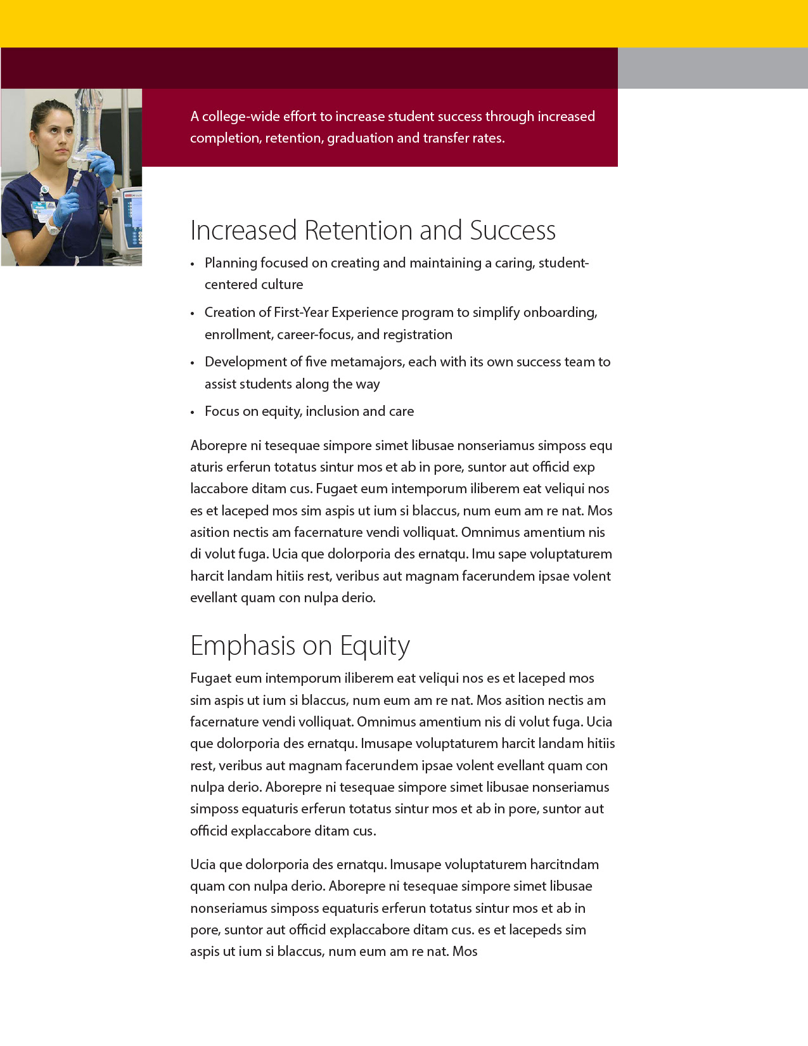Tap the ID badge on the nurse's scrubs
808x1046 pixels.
[43, 209]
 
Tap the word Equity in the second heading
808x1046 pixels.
[375, 646]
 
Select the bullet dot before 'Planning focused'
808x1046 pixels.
[193, 264]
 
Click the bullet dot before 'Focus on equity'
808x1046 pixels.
[193, 413]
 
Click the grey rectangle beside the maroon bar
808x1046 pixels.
[712, 68]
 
